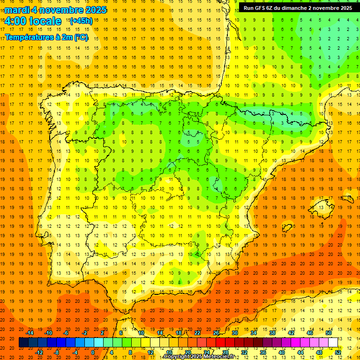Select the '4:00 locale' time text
33,21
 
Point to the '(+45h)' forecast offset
81,21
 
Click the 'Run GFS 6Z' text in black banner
261,8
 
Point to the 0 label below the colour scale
93,352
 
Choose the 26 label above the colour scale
216,333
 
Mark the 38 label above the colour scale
272,333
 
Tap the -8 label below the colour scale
57,352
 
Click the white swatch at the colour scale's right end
333,343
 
